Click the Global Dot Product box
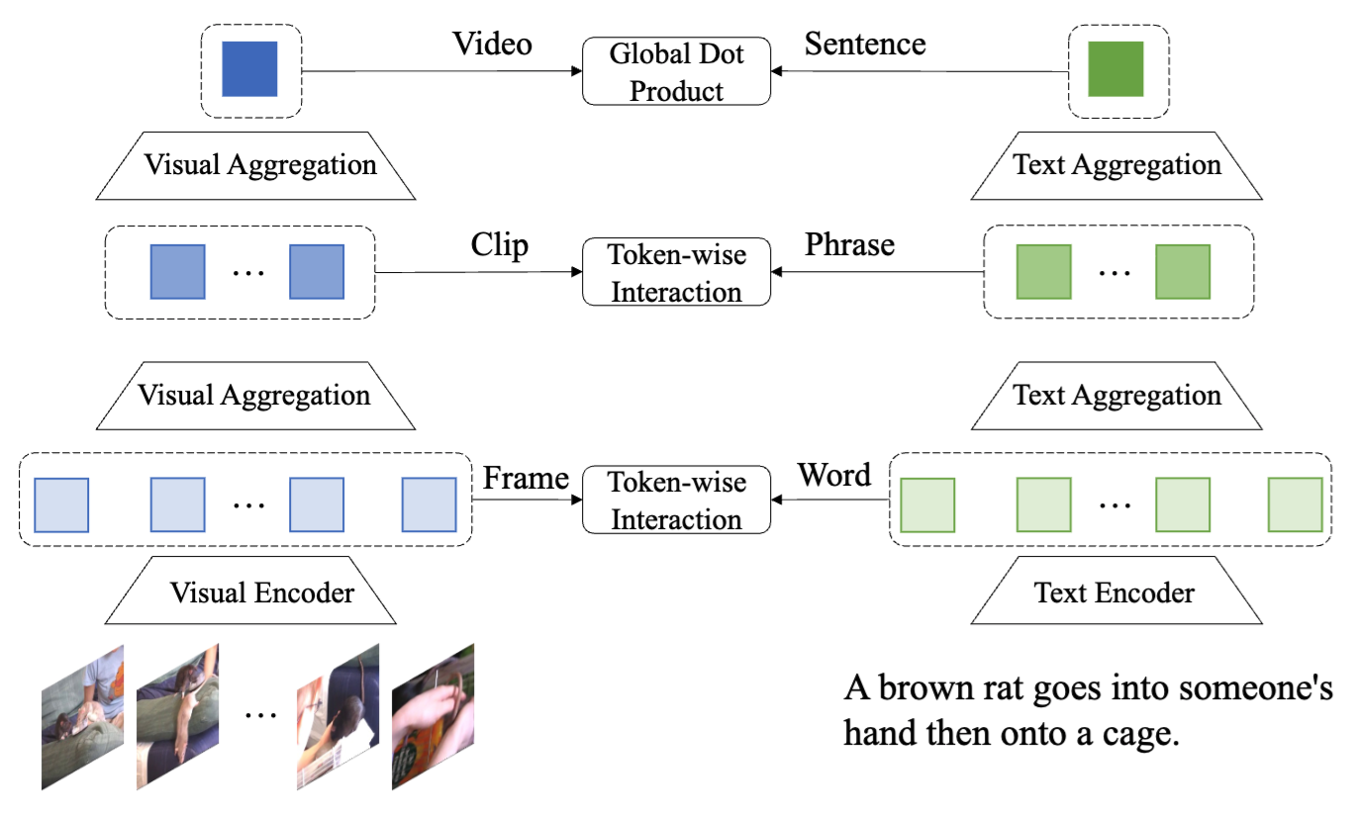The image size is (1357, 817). click(x=676, y=71)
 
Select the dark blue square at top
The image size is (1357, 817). click(x=249, y=68)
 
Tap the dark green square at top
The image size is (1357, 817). click(x=1115, y=68)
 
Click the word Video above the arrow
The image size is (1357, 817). click(x=492, y=44)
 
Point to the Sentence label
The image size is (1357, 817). click(x=865, y=44)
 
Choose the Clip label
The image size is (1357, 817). click(x=500, y=244)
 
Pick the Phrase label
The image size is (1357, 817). click(x=850, y=244)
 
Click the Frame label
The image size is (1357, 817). click(x=526, y=478)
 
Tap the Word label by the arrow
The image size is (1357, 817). click(x=834, y=476)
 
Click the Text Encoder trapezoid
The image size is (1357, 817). click(x=1115, y=592)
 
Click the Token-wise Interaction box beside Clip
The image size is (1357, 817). click(x=676, y=273)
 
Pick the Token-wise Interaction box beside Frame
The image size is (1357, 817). click(x=676, y=500)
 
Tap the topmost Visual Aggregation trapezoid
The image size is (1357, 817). click(x=260, y=164)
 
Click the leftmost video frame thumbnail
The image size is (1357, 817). click(x=82, y=718)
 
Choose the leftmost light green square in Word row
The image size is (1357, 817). click(x=927, y=505)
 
